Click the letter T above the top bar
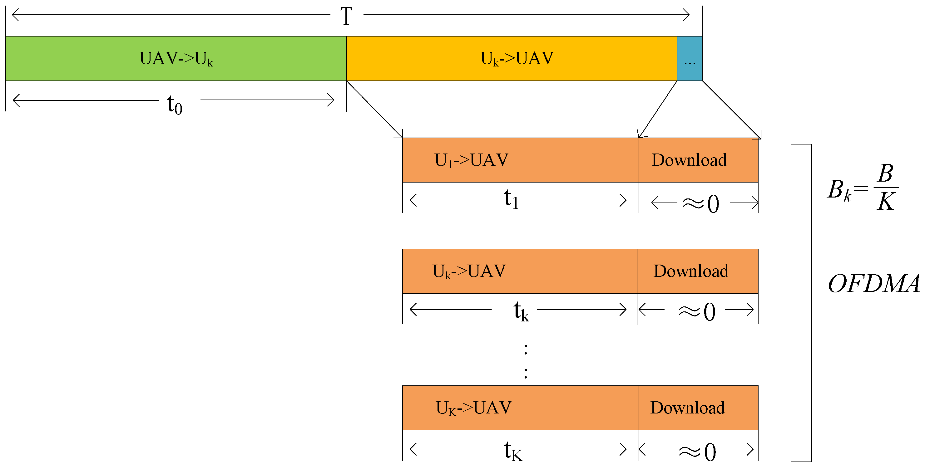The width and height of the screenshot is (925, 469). click(346, 16)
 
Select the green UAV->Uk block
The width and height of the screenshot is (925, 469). click(176, 58)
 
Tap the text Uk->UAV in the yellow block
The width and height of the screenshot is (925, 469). click(517, 58)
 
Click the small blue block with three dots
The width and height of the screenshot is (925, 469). click(689, 58)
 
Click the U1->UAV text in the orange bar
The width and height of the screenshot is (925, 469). click(471, 160)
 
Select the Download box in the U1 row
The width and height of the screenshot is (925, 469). click(698, 160)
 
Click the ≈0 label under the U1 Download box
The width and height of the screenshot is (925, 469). click(700, 203)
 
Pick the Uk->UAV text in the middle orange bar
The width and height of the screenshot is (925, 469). click(469, 271)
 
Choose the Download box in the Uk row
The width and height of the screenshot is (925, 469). click(697, 271)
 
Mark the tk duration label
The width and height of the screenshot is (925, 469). click(521, 311)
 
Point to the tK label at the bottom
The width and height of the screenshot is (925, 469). click(513, 451)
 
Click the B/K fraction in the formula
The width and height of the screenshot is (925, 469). click(886, 188)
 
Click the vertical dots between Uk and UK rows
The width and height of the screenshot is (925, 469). click(526, 361)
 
